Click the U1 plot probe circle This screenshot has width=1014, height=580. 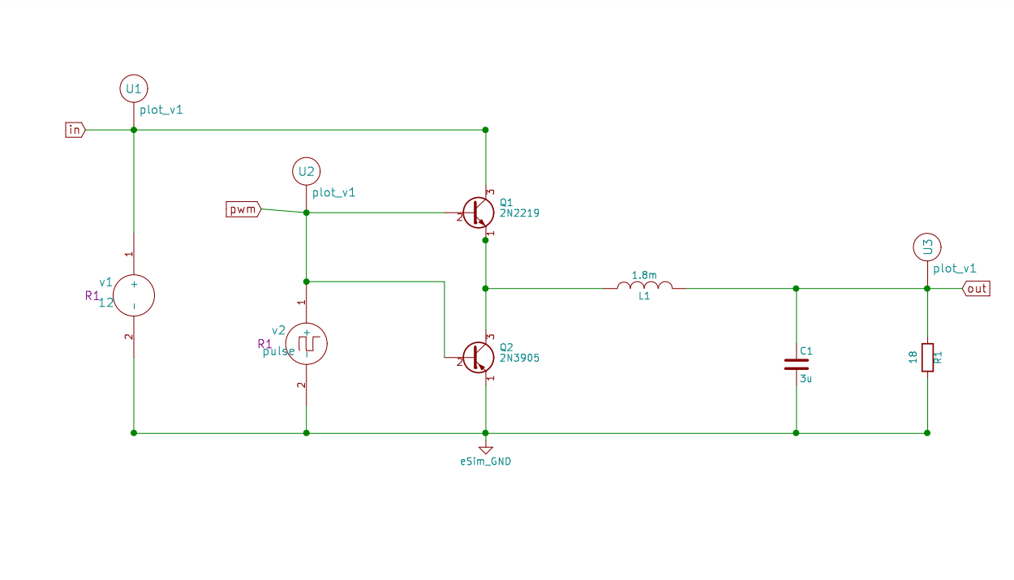134,88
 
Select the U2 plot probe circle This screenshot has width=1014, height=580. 306,171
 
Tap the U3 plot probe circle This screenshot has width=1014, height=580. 927,247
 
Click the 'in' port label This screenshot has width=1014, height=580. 75,130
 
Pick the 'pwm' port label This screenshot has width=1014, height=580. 243,210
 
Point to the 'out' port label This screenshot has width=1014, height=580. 977,289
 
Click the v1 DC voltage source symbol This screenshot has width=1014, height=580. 134,295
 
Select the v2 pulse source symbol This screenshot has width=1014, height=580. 307,343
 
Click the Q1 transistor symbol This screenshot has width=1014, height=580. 478,213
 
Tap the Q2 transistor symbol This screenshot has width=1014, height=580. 478,357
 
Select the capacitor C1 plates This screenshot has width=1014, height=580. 797,363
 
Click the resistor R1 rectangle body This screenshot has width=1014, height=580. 927,358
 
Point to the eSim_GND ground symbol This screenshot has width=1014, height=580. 485,448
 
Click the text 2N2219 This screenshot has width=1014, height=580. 520,213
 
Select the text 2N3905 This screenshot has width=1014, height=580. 520,358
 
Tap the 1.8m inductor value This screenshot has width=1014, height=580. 644,275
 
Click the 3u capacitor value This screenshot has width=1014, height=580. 805,378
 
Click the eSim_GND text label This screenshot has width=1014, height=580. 485,462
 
